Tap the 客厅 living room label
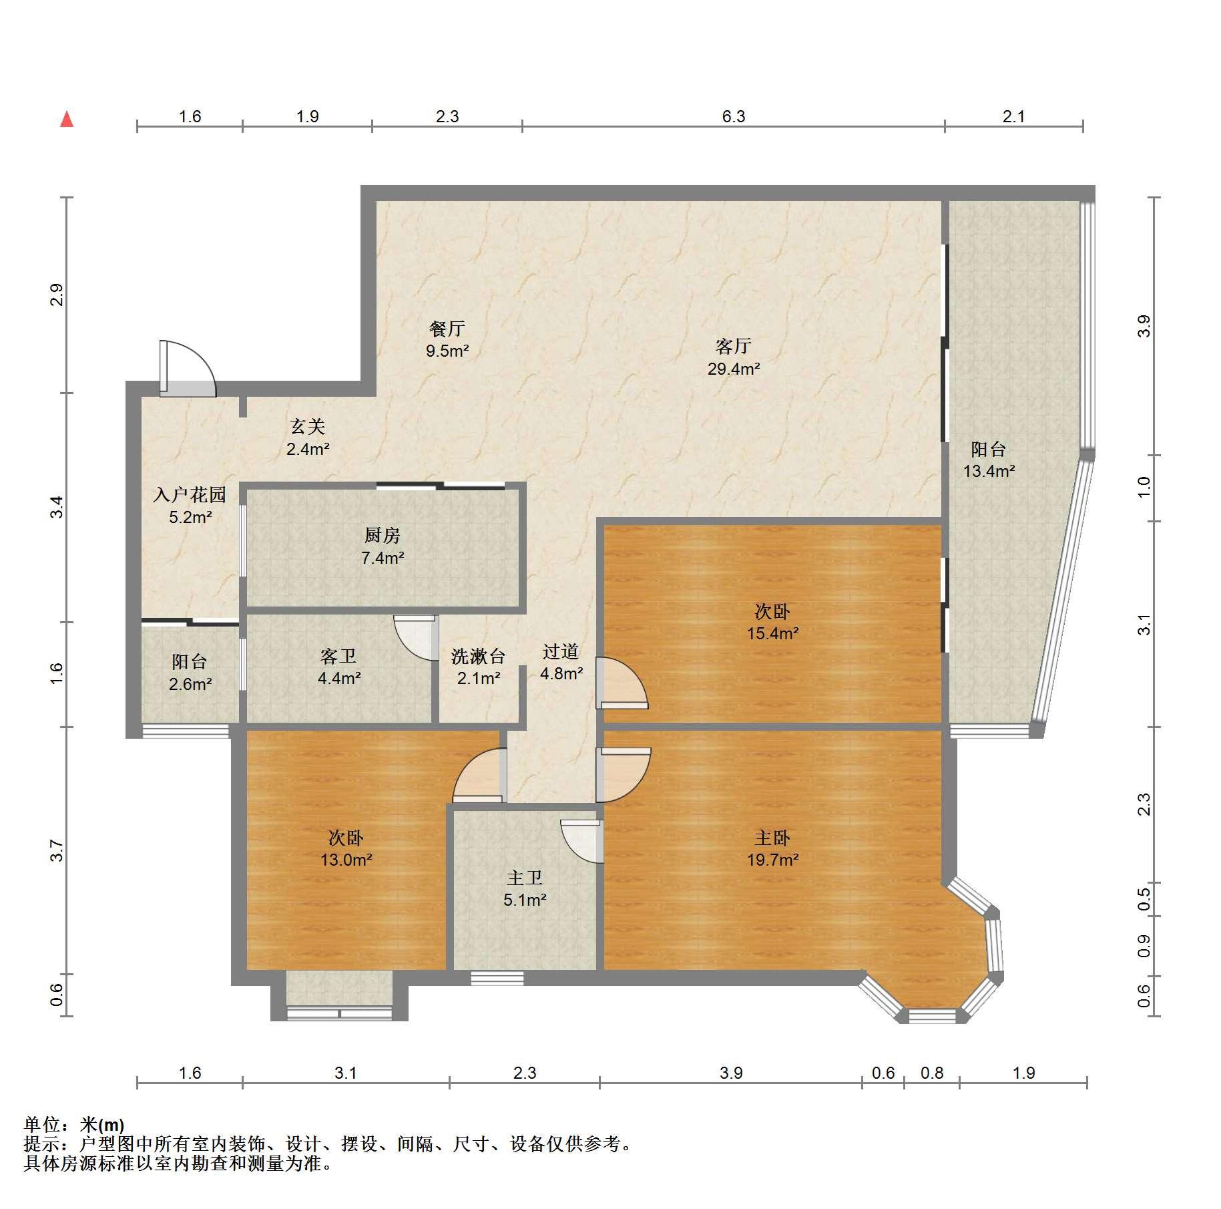733,346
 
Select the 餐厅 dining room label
447,329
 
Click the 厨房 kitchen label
382,535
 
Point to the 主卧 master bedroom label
772,838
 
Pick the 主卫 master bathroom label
525,878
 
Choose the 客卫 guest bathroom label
338,657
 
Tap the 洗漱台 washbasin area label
478,657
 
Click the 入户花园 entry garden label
190,495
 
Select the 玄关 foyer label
307,426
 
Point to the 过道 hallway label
560,651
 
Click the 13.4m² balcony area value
989,471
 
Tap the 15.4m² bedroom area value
772,633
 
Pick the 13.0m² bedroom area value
346,860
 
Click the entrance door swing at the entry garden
188,369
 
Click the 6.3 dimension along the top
733,116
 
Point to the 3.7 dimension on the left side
57,850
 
